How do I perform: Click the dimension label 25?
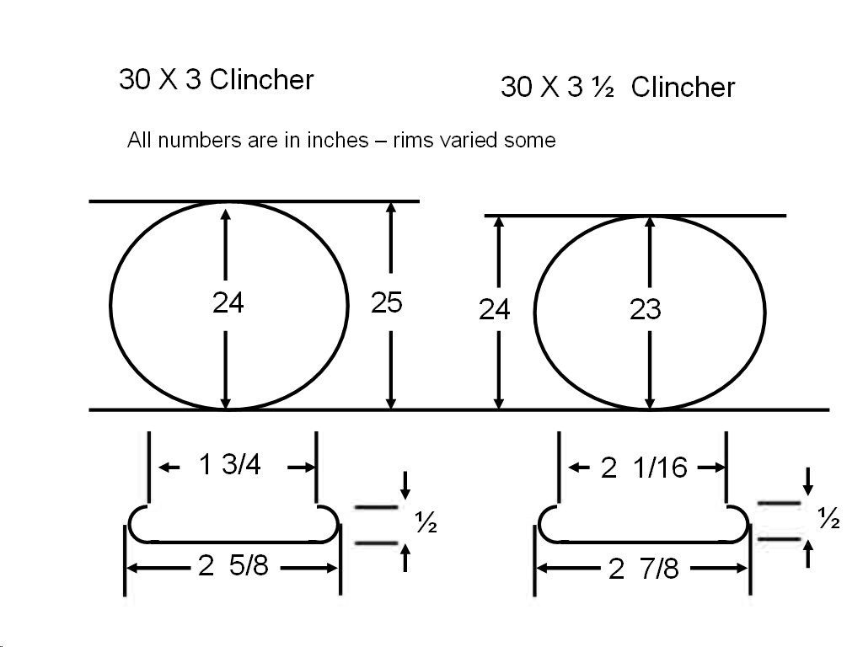[x=386, y=302]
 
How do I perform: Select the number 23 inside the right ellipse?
[x=645, y=309]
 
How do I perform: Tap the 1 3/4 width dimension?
[x=229, y=464]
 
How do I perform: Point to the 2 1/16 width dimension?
[x=644, y=468]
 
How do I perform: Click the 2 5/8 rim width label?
[x=233, y=565]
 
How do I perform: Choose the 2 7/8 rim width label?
[x=644, y=569]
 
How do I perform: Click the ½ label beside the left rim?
[x=426, y=522]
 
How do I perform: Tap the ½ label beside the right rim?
[x=829, y=518]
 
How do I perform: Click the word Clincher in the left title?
[x=261, y=80]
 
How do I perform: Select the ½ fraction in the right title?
[x=603, y=87]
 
